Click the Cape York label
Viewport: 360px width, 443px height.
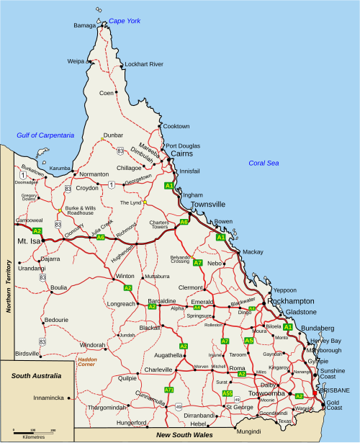point(124,21)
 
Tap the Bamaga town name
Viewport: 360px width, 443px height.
point(84,26)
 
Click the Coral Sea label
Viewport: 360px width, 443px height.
point(264,163)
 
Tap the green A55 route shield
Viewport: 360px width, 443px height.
point(228,393)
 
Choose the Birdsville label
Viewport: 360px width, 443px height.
point(27,354)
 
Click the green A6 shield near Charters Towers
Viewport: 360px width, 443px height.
point(184,222)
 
